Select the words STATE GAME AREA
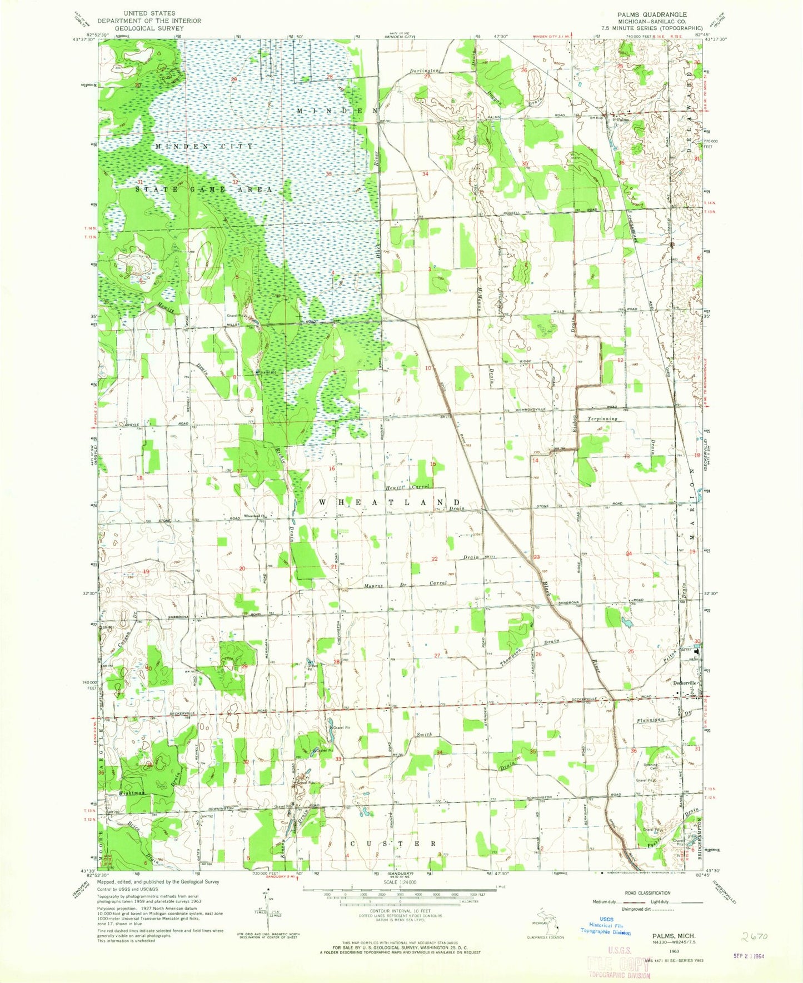(203, 189)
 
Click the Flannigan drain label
(651, 720)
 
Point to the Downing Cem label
(651, 767)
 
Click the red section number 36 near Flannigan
(634, 751)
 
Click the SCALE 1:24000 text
(384, 896)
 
